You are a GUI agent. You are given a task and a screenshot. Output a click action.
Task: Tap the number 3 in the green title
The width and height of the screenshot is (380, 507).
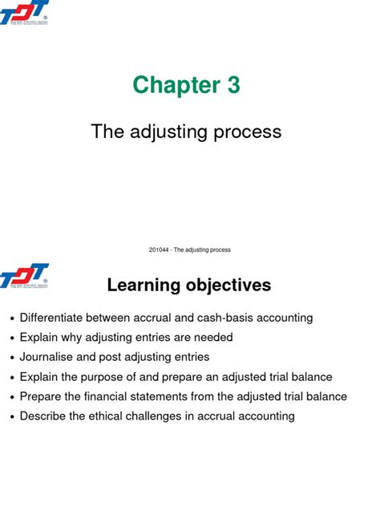click(233, 85)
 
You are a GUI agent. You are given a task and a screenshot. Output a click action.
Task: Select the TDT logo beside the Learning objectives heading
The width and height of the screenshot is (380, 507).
click(25, 278)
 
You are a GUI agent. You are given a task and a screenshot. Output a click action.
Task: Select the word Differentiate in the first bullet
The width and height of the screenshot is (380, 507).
click(55, 318)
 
